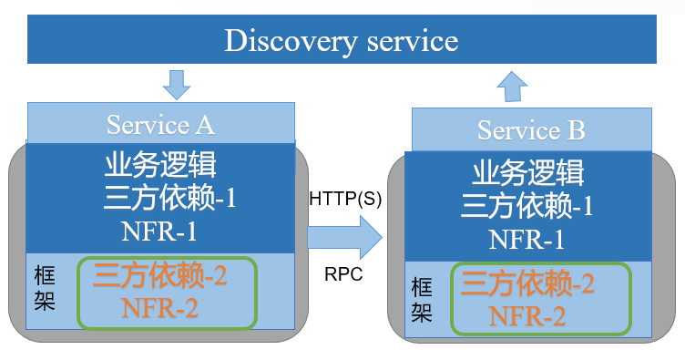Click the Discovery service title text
point(342,41)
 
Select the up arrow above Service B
point(511,88)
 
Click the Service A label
point(160,124)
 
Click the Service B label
point(531,130)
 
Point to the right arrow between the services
point(345,239)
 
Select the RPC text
point(343,273)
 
